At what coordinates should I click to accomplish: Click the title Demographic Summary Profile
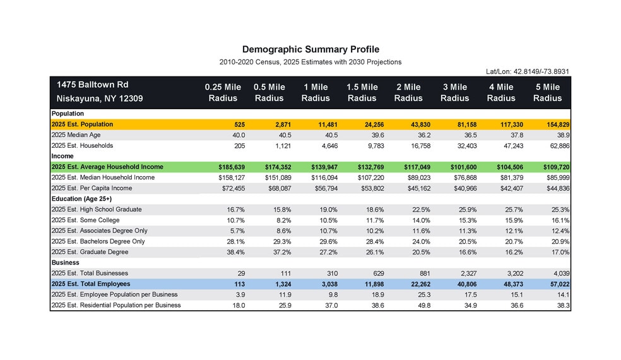310,49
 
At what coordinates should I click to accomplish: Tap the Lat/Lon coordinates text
528,71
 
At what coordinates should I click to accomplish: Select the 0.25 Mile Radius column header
223,92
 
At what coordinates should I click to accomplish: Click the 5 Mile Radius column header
547,92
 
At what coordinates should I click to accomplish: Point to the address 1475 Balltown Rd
92,85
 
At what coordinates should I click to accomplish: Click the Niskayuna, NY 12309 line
100,99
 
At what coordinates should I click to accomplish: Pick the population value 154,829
556,124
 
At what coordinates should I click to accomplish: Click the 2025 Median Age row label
76,135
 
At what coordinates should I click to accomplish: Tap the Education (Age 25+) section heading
81,199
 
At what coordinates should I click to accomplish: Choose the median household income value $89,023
416,177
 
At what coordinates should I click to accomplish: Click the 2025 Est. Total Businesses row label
90,273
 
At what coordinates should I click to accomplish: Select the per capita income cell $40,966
462,188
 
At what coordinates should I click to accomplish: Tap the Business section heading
66,263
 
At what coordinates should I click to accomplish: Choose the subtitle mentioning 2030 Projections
310,62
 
